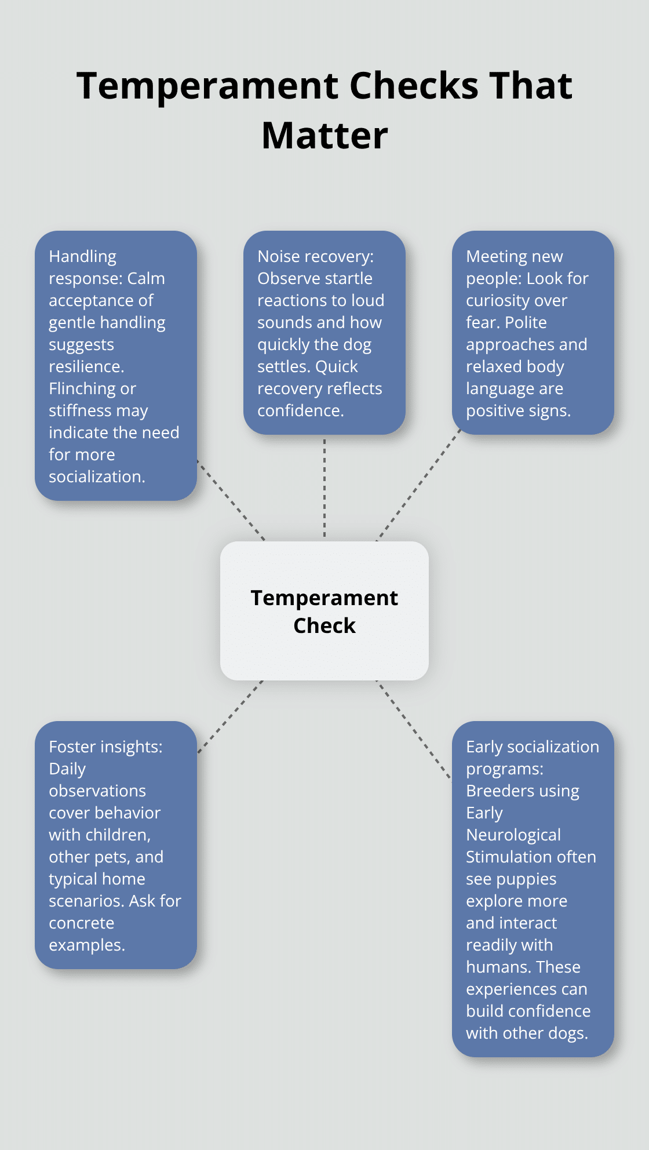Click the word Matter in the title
(x=324, y=136)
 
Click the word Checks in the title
(x=415, y=86)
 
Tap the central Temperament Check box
(x=324, y=611)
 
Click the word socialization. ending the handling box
(x=97, y=476)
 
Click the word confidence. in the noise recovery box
(x=300, y=410)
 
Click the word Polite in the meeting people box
(x=526, y=322)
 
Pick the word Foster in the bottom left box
(x=72, y=747)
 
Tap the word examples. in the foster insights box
(x=87, y=945)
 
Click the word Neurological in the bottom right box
(x=513, y=835)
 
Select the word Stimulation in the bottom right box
(x=506, y=857)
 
